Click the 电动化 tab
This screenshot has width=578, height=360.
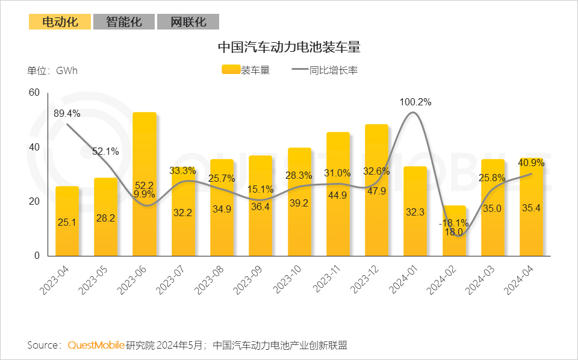click(60, 22)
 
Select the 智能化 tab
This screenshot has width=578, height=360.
click(124, 22)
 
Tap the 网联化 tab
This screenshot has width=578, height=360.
click(188, 22)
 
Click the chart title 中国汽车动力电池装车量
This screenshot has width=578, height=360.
click(288, 47)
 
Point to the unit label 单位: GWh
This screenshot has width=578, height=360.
click(52, 70)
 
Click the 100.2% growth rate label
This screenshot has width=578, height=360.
click(415, 102)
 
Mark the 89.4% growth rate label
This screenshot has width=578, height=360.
click(67, 113)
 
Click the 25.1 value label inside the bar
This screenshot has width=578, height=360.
click(67, 223)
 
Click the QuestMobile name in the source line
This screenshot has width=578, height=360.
click(96, 345)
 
